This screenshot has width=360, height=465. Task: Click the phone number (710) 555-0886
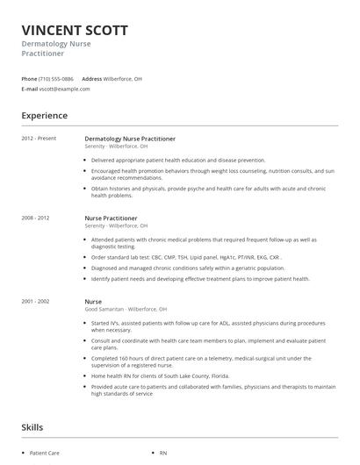pyautogui.click(x=57, y=79)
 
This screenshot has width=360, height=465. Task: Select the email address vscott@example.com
pyautogui.click(x=66, y=89)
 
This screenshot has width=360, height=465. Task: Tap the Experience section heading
pyautogui.click(x=44, y=115)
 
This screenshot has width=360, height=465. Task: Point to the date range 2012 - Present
pyautogui.click(x=39, y=139)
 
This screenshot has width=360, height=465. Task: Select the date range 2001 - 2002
pyautogui.click(x=35, y=301)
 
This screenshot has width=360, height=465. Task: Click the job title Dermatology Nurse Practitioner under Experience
pyautogui.click(x=130, y=139)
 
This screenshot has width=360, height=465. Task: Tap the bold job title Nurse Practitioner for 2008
pyautogui.click(x=111, y=218)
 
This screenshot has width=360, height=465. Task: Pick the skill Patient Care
pyautogui.click(x=45, y=454)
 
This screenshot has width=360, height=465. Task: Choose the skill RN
pyautogui.click(x=163, y=454)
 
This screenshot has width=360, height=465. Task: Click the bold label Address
pyautogui.click(x=91, y=79)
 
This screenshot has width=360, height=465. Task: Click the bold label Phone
pyautogui.click(x=29, y=79)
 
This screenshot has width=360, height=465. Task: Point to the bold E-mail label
pyautogui.click(x=30, y=89)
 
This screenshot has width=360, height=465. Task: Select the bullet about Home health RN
pyautogui.click(x=161, y=376)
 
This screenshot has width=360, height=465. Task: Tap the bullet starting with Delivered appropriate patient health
pyautogui.click(x=177, y=161)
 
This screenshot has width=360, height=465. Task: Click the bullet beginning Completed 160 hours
pyautogui.click(x=211, y=361)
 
